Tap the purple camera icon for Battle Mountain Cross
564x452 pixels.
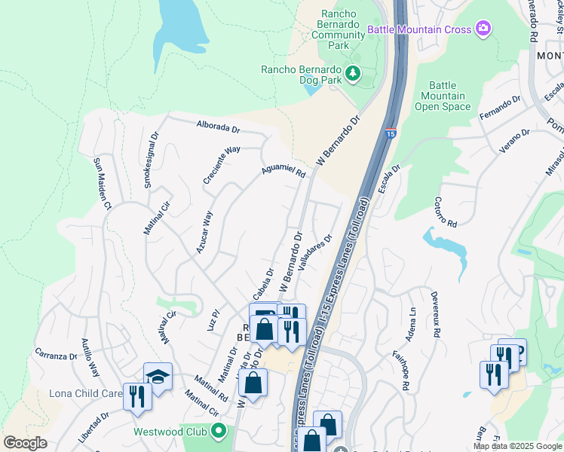[x=483, y=30]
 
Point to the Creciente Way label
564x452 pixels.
[x=222, y=165]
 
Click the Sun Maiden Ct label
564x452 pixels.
[x=103, y=184]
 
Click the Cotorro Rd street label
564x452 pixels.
[x=446, y=212]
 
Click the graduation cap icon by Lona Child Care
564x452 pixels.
[x=158, y=376]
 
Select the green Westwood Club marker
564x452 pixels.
[x=219, y=432]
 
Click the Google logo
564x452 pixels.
[x=25, y=443]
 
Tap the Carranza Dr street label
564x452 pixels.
[x=57, y=355]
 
